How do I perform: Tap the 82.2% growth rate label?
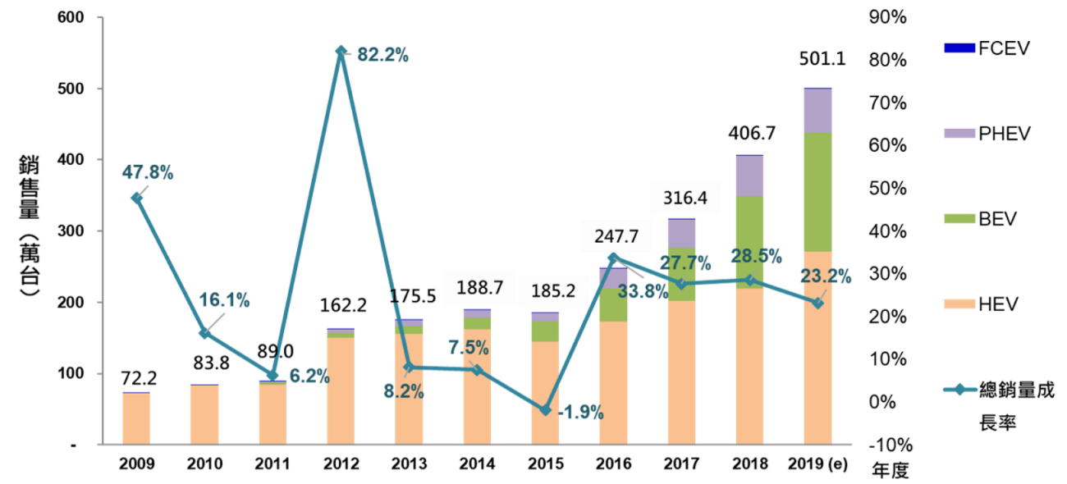point(380,56)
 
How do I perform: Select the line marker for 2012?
point(341,51)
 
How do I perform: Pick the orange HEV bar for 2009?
point(136,418)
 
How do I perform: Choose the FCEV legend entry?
point(985,48)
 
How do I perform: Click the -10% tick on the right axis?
point(885,445)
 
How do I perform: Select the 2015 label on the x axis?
point(544,464)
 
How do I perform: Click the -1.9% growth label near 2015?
point(580,413)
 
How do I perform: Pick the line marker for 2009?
point(136,199)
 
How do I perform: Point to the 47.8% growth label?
point(148,172)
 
